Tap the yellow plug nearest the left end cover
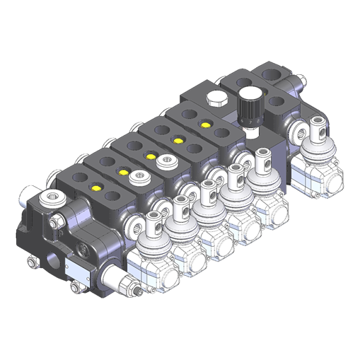pyautogui.click(x=96, y=188)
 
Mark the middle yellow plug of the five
pyautogui.click(x=150, y=156)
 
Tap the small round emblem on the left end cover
pyautogui.click(x=83, y=248)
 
